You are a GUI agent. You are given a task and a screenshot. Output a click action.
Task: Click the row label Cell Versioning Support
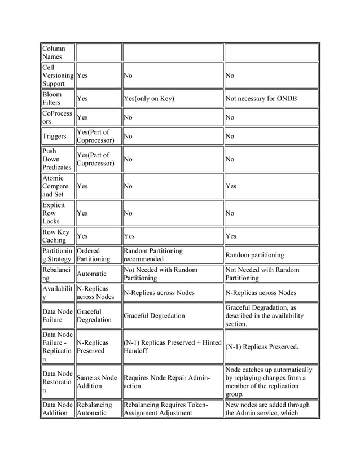tap(56, 75)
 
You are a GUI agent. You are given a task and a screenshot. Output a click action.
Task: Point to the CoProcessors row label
tap(56, 117)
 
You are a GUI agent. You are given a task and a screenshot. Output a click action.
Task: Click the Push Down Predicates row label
tap(56, 159)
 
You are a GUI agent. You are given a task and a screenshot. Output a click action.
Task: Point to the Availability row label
tap(56, 293)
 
